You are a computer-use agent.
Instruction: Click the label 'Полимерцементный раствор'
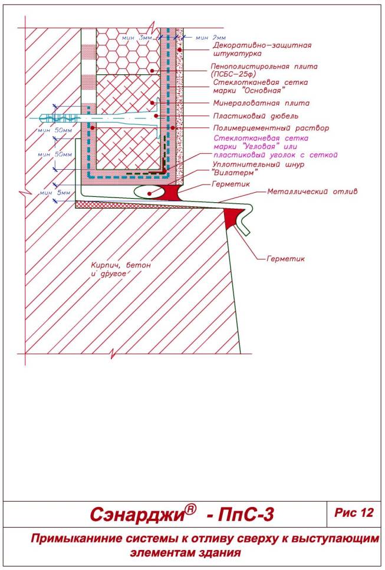coord(262,127)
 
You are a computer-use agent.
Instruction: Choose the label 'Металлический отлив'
coord(312,191)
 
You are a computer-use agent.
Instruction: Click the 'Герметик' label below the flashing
coord(285,258)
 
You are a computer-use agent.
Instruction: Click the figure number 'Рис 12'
coord(354,513)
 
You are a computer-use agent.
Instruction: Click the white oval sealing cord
coord(147,192)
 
